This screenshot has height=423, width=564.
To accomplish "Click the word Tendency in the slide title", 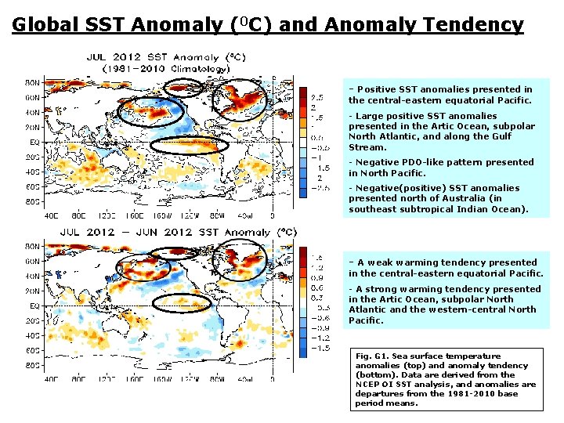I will [476, 24].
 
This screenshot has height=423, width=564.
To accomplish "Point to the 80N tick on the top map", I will [34, 81].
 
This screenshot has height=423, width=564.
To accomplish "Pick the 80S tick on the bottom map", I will [34, 365].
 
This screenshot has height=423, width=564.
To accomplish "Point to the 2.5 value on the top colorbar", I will [320, 96].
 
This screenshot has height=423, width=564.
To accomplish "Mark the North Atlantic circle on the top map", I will [239, 99].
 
